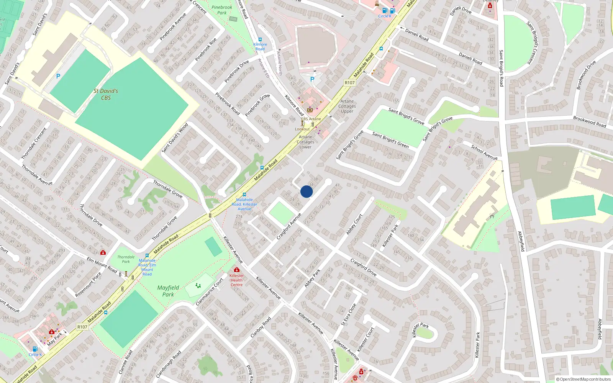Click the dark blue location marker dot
point(306,191)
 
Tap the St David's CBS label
point(106,94)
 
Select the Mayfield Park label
point(168,291)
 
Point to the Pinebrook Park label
point(222,10)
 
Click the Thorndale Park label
point(126,259)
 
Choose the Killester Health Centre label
point(236,280)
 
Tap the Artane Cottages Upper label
point(347,106)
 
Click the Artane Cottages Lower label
point(305,142)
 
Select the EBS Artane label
point(311,119)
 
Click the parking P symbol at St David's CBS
point(58,76)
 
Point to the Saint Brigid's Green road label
point(391,140)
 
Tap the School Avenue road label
point(484,152)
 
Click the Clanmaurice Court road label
point(210,292)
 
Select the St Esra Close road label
point(349,314)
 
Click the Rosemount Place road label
point(89,284)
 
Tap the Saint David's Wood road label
point(175,137)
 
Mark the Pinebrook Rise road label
point(206,49)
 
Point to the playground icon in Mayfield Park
point(198,285)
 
